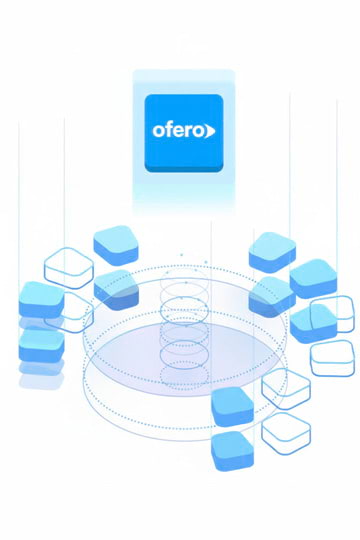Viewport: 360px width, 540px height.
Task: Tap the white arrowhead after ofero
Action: pyautogui.click(x=209, y=130)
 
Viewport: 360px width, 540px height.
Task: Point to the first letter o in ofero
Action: pyautogui.click(x=158, y=131)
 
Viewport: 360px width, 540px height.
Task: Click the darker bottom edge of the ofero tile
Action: pyautogui.click(x=183, y=169)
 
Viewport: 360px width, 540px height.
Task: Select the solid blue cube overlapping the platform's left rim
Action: pyautogui.click(x=116, y=286)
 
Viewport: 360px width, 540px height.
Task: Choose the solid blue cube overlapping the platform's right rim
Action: pyautogui.click(x=271, y=295)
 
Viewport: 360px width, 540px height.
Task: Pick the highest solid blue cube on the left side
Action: pyautogui.click(x=115, y=244)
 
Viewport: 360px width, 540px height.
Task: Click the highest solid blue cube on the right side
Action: pyautogui.click(x=271, y=250)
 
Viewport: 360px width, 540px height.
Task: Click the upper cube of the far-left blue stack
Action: pyautogui.click(x=42, y=299)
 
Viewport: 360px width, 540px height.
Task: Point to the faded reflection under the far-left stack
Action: pyautogui.click(x=41, y=376)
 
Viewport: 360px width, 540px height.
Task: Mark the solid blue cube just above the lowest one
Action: pyautogui.click(x=232, y=403)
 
